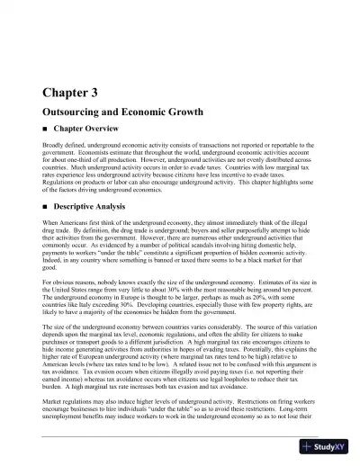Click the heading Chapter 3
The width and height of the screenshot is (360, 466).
point(70,92)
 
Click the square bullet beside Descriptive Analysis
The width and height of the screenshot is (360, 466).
point(46,205)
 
